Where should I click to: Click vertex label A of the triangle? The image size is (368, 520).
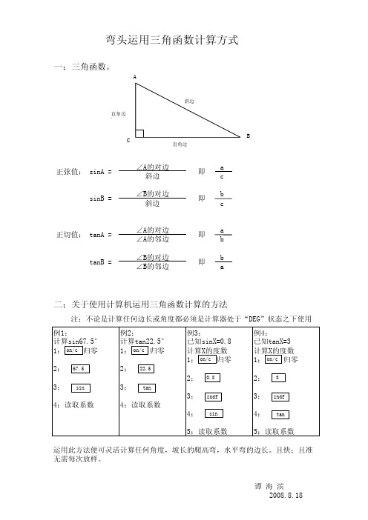134,77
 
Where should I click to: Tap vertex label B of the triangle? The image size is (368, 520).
248,136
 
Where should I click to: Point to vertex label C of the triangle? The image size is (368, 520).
127,140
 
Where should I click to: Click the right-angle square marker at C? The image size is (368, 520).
139,133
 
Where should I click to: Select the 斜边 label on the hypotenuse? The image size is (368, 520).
189,101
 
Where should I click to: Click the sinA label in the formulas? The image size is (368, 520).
100,172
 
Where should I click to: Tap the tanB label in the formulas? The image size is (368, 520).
100,262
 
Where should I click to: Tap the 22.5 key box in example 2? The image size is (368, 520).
145,369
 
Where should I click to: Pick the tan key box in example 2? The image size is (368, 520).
145,387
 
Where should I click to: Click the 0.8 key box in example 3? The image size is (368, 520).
210,378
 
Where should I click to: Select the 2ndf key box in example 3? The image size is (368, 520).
211,396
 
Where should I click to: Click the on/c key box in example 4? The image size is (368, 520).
272,359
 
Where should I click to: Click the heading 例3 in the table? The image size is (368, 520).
196,333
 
